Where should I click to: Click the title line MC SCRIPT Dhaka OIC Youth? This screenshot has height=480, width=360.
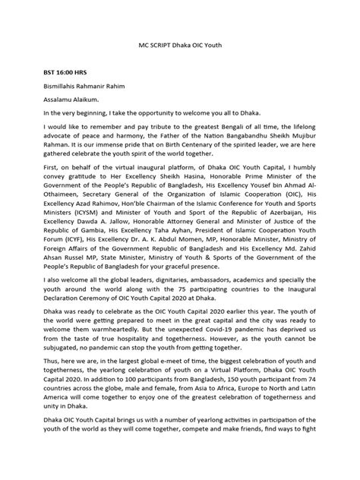pyautogui.click(x=180, y=46)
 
